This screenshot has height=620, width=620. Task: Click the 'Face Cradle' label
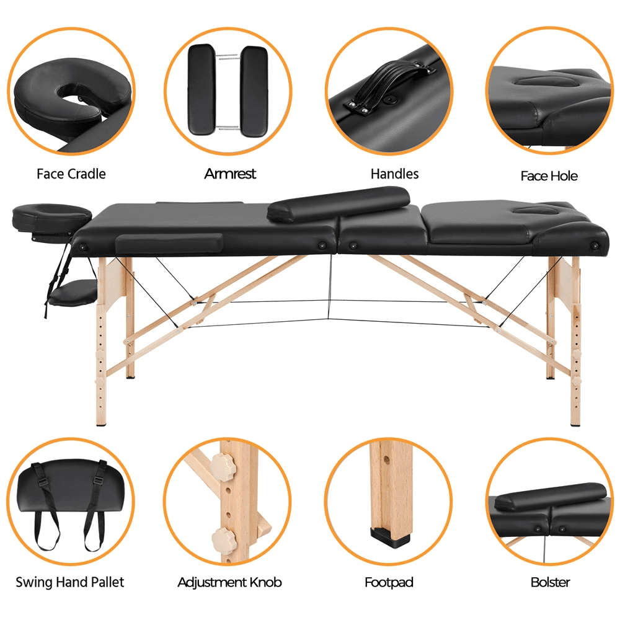pyautogui.click(x=71, y=174)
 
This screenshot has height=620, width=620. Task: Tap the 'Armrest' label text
pyautogui.click(x=230, y=174)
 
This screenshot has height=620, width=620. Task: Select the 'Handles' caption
pyautogui.click(x=394, y=174)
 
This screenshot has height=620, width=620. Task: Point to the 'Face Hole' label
pyautogui.click(x=549, y=176)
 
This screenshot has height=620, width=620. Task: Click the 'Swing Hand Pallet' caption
pyautogui.click(x=69, y=582)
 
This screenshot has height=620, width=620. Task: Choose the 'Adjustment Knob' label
pyautogui.click(x=229, y=582)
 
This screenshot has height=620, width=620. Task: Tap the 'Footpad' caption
pyautogui.click(x=389, y=582)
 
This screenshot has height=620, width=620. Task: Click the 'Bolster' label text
pyautogui.click(x=551, y=582)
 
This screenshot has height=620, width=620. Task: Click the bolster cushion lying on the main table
pyautogui.click(x=339, y=205)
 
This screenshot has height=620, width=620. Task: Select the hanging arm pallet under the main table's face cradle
pyautogui.click(x=73, y=292)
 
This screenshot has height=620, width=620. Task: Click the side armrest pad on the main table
pyautogui.click(x=169, y=243)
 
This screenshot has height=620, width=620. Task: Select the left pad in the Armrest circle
pyautogui.click(x=201, y=89)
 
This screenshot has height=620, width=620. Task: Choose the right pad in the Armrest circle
pyautogui.click(x=254, y=92)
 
